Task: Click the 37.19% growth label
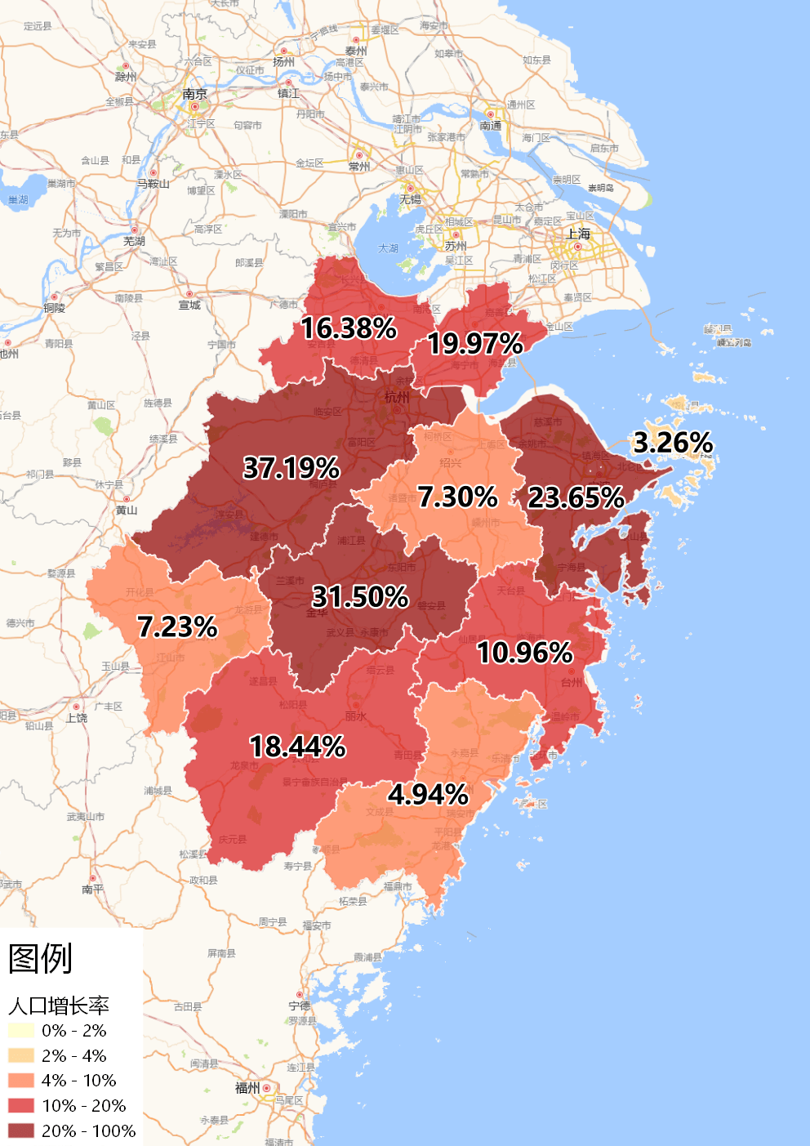(x=292, y=468)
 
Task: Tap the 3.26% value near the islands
(x=673, y=443)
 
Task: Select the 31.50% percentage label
(x=360, y=596)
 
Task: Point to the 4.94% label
(x=428, y=794)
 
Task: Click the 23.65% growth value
(x=576, y=497)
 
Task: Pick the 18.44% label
(x=297, y=747)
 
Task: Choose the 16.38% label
(x=349, y=328)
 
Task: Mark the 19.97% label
(x=475, y=344)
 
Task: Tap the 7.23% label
(x=177, y=627)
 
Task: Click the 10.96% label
(x=525, y=653)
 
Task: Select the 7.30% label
(x=457, y=497)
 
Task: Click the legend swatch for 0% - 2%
(x=21, y=1031)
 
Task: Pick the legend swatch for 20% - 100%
(x=21, y=1131)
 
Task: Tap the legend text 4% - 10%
(x=78, y=1081)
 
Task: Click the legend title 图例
(x=41, y=959)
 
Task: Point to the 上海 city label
(x=578, y=234)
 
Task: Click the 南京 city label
(x=194, y=94)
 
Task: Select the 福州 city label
(x=247, y=1088)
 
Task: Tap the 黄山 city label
(x=127, y=511)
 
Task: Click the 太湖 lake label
(x=389, y=248)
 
